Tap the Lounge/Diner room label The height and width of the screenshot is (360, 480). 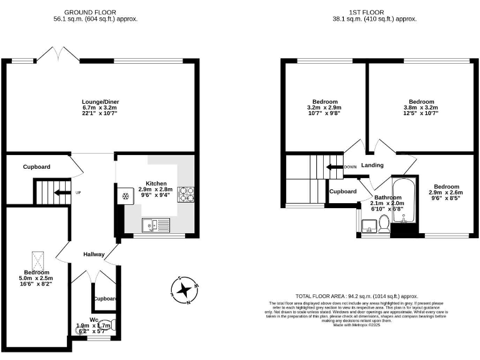100,102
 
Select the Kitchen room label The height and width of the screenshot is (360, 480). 156,183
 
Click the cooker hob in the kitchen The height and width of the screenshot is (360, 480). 187,195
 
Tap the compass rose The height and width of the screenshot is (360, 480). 184,290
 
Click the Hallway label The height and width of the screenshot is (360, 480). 94,254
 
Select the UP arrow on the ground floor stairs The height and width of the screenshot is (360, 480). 61,192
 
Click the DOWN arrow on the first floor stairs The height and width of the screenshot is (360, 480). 335,167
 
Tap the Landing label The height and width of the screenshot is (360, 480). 372,166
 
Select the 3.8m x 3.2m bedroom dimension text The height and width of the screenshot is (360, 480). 421,107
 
